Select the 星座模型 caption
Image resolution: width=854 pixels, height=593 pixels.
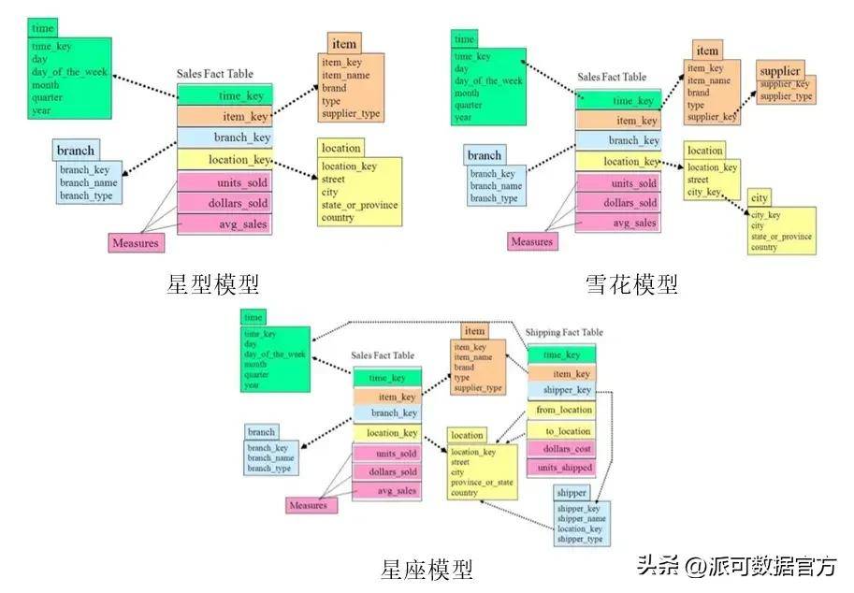tap(427, 569)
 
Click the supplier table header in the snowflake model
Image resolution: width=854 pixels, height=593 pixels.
tap(780, 71)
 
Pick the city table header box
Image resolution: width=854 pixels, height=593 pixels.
tap(759, 198)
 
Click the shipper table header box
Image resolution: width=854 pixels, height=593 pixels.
tap(571, 493)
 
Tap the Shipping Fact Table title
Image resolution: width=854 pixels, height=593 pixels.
tap(564, 332)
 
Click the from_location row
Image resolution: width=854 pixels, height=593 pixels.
tap(563, 410)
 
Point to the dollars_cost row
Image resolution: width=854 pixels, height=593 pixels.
tap(566, 449)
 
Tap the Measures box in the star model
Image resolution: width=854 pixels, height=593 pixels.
tap(136, 243)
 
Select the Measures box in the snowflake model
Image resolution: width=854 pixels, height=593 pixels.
tap(531, 241)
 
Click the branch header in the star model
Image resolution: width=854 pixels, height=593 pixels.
tap(76, 151)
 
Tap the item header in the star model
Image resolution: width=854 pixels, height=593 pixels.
tap(344, 44)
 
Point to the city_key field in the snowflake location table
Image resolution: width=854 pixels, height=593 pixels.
tap(703, 192)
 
